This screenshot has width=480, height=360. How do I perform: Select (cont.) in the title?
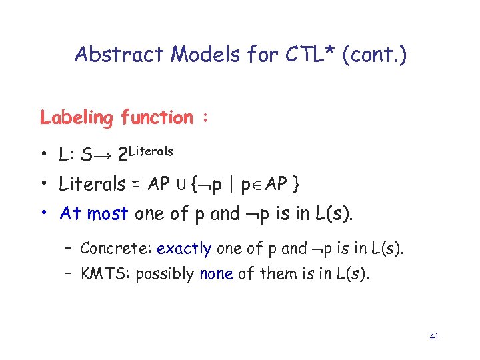(374, 55)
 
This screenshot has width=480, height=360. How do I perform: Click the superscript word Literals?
(151, 151)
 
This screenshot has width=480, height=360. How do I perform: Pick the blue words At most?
(95, 214)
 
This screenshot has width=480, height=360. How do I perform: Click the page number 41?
(434, 337)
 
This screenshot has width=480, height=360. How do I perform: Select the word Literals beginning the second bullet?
(90, 183)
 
